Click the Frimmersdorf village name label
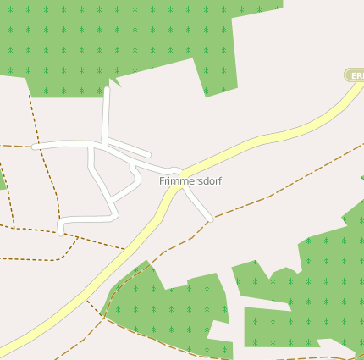(x=190, y=181)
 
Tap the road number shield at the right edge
(x=356, y=75)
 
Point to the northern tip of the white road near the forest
(x=107, y=89)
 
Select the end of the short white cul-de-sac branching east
(x=149, y=155)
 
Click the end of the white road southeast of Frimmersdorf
(x=210, y=220)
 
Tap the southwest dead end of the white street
(x=62, y=231)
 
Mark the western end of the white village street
(x=35, y=147)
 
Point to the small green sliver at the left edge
(x=3, y=180)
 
